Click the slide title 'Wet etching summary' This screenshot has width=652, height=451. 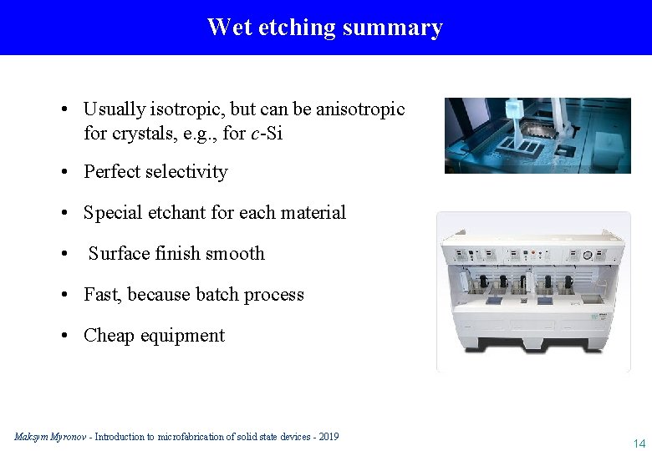tap(325, 28)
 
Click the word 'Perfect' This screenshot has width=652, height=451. tap(111, 172)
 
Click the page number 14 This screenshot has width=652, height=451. tap(639, 443)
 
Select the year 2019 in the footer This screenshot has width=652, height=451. tap(328, 437)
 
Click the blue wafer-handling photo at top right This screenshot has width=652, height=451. tap(537, 135)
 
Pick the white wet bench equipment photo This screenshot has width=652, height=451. tap(533, 291)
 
